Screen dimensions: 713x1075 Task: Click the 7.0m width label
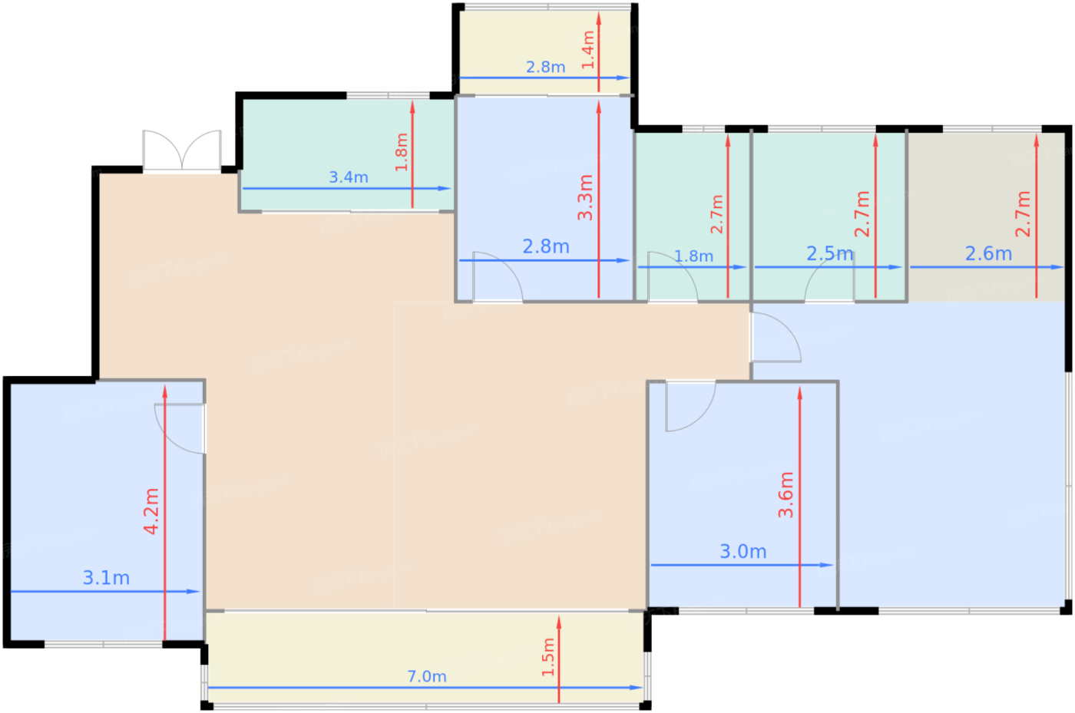427,676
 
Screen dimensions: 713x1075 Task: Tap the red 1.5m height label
548,657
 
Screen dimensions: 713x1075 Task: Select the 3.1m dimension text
106,578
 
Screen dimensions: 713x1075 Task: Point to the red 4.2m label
152,511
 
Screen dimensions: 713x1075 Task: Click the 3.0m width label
743,551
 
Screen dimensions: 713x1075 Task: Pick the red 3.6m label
786,495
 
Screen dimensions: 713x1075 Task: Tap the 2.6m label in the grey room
988,253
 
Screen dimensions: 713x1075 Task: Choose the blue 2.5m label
829,253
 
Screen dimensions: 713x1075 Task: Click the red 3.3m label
586,197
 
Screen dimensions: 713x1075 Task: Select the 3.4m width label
349,177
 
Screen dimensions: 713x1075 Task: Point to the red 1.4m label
588,50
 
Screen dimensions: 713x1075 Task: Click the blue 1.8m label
693,256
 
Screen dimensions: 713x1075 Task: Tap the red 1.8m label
402,152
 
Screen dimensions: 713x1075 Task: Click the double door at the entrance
182,150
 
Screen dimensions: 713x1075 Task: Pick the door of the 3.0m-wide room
689,405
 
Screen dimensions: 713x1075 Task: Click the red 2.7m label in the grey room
1023,213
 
